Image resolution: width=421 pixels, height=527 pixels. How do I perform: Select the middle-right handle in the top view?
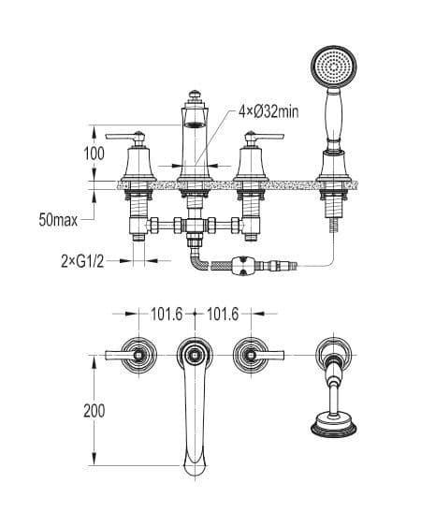tap(254, 355)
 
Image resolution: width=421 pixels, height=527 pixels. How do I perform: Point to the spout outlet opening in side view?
tap(194, 123)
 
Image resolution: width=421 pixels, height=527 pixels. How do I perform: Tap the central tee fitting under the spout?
tap(194, 225)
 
